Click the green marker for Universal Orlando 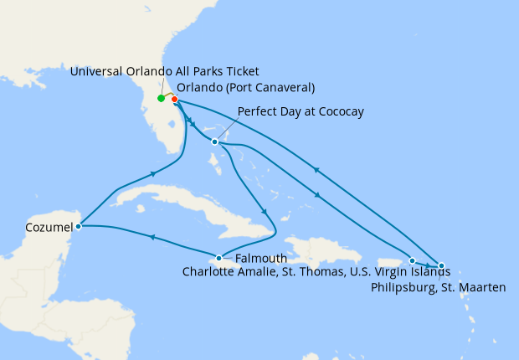pos(161,99)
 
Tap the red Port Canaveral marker pos(175,100)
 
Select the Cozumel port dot pos(78,226)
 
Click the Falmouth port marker pos(219,258)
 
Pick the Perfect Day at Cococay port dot pos(215,141)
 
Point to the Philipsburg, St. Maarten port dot pos(441,265)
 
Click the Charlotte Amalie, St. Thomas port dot pos(412,260)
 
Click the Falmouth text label pos(261,259)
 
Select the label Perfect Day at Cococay pos(301,111)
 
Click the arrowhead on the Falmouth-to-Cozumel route pos(152,239)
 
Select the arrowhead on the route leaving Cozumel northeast pos(154,174)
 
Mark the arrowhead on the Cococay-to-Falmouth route pos(264,211)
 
